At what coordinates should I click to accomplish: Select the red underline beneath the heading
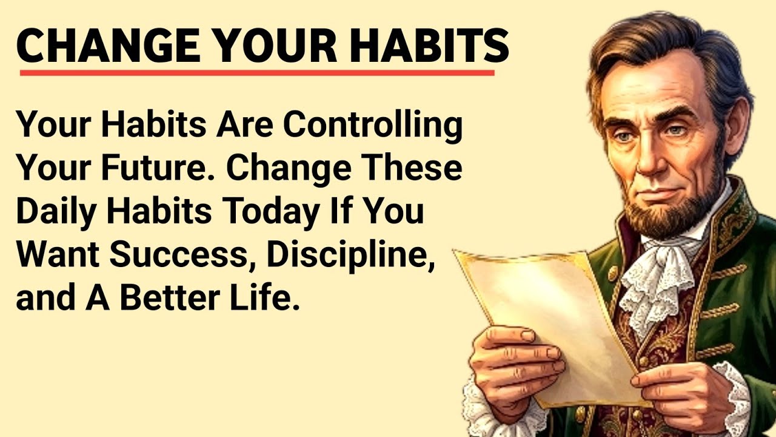pyautogui.click(x=257, y=73)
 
